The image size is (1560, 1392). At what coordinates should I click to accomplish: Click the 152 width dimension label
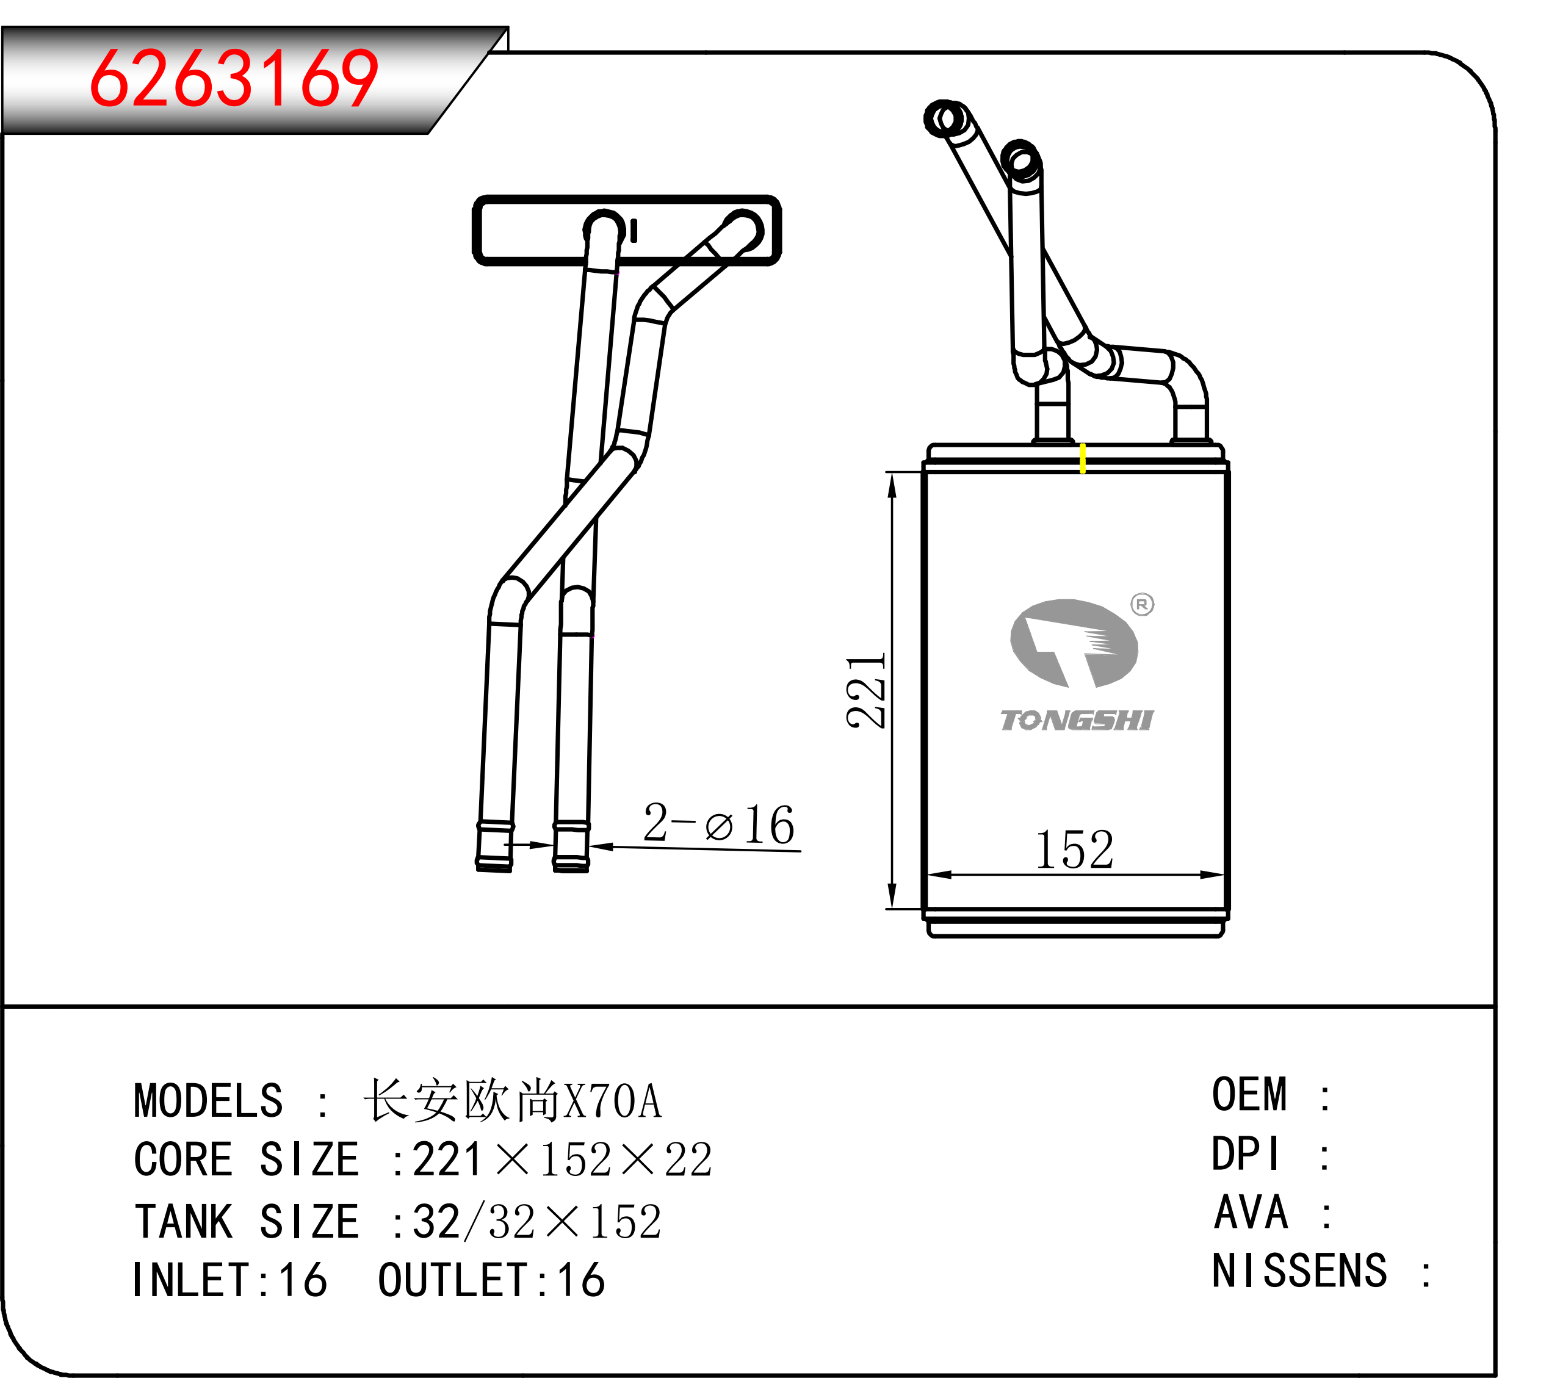tap(1074, 849)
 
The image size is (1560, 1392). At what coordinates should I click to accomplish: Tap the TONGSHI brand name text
tap(1077, 721)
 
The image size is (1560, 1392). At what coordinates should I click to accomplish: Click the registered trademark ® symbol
tap(1143, 604)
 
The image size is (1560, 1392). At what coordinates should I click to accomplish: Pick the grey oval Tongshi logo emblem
tap(1074, 643)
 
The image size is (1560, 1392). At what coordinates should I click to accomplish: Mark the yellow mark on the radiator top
tap(1083, 458)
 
